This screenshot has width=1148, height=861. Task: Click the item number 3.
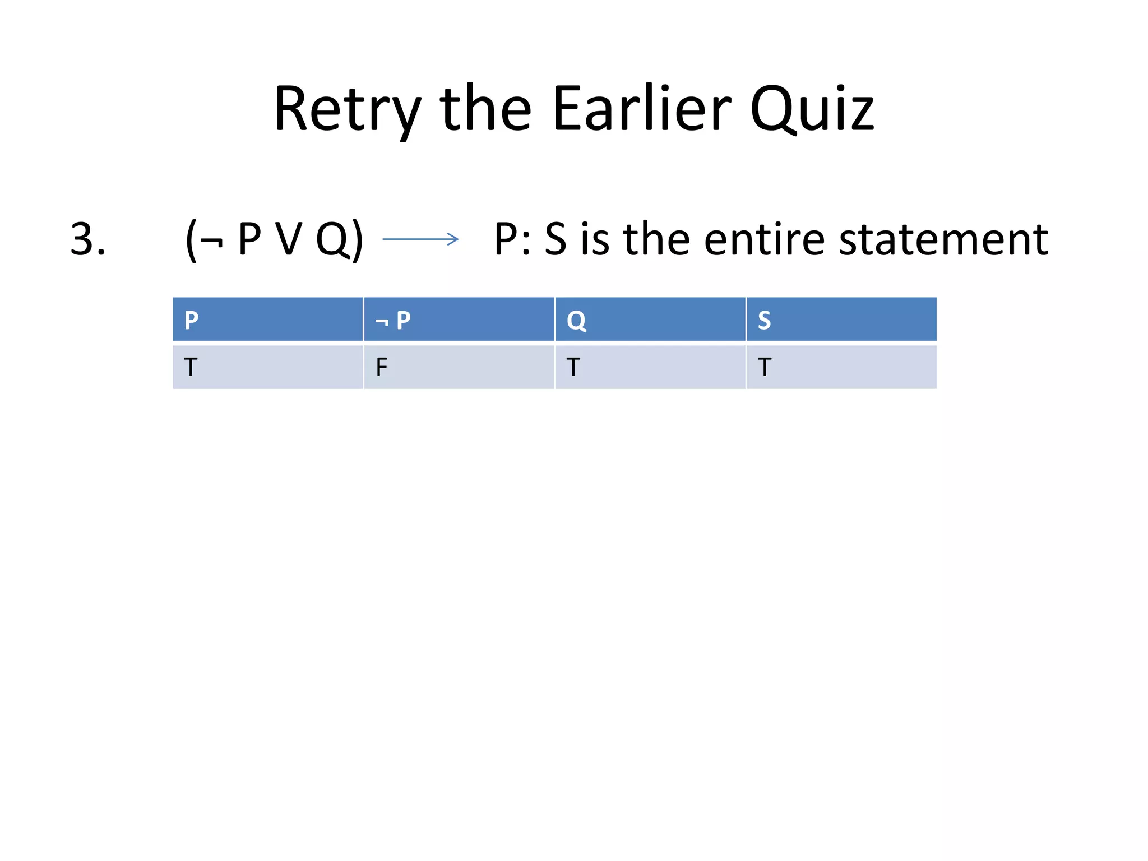coord(88,239)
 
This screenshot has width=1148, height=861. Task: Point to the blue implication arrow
coord(420,239)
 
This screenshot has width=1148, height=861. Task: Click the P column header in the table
coord(191,320)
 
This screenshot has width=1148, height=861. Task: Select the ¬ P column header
coord(393,320)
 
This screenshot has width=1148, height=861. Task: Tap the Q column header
coord(576,320)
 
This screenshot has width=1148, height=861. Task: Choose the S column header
coord(764,320)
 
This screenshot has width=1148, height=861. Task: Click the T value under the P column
coord(191,367)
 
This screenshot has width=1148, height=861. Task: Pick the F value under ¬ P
coord(382,367)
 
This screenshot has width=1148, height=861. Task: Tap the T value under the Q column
coord(573,367)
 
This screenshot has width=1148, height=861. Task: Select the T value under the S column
coord(765,367)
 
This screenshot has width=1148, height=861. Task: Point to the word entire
coord(764,239)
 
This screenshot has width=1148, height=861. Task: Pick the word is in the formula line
coord(595,239)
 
